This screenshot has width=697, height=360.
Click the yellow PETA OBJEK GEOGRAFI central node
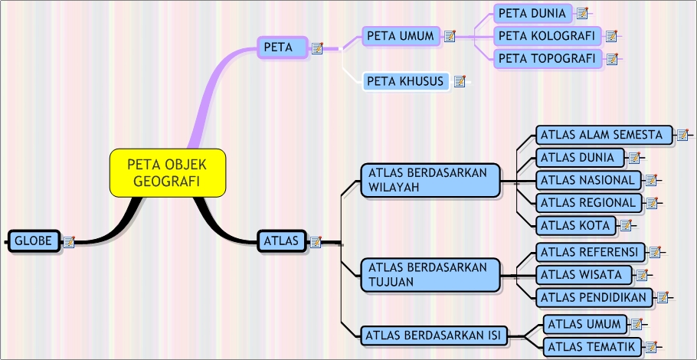[x=168, y=172]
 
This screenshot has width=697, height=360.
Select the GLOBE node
[x=34, y=241]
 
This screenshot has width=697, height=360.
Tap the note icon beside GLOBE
[x=69, y=242]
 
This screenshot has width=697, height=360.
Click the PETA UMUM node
[x=401, y=35]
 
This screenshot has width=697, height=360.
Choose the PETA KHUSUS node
[x=405, y=80]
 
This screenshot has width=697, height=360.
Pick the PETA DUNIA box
[x=532, y=13]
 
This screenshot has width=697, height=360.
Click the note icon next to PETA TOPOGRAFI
[x=612, y=58]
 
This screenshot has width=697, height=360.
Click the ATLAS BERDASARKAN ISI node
[x=434, y=334]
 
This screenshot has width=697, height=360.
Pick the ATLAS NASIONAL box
[x=587, y=180]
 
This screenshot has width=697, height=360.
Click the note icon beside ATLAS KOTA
[x=625, y=225]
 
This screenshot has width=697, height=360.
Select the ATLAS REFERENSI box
[x=589, y=251]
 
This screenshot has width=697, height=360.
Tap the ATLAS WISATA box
[x=583, y=274]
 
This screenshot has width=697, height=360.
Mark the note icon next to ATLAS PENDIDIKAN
[x=663, y=297]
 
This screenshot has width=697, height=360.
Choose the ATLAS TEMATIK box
[x=591, y=347]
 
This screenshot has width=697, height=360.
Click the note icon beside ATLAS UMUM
[x=635, y=324]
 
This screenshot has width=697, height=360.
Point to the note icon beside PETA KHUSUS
[x=460, y=80]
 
